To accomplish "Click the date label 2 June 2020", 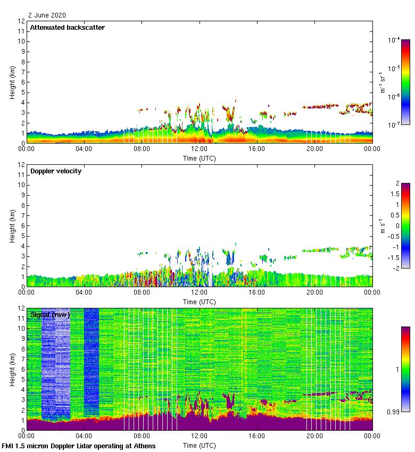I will tap(47, 15).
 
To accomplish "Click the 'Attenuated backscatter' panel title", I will tap(68, 28).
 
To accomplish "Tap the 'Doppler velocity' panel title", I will tap(56, 171).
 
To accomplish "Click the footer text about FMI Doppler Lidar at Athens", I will tap(79, 446).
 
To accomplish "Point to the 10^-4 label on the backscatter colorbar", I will tap(395, 40).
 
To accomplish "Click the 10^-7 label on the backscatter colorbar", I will tap(395, 124).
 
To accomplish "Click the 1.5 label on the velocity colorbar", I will tap(396, 194).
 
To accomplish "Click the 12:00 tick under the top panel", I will tap(200, 149).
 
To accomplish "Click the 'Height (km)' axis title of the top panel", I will tap(12, 82).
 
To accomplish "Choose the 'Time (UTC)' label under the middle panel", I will tap(200, 302).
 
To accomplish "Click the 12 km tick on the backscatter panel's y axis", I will tap(22, 21).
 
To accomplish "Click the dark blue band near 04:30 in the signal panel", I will tap(91, 362).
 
